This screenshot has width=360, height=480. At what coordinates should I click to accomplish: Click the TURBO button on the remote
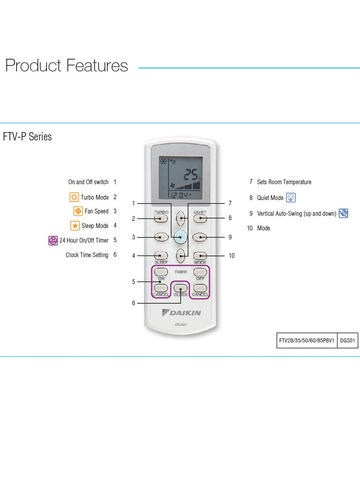coord(161,218)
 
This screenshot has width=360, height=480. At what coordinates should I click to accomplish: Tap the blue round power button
coord(181,237)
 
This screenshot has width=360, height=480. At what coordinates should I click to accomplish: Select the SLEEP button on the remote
coord(161,256)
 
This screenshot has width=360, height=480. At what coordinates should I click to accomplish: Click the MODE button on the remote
coord(200,256)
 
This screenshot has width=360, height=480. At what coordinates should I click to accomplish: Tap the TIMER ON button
coord(161,272)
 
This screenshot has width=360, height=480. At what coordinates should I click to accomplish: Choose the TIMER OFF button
coord(200,272)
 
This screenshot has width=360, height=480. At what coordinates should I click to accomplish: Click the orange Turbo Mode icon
coord(74,197)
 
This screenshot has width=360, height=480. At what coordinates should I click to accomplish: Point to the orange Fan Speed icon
coord(78,211)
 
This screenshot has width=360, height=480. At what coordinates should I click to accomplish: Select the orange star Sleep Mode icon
coord(75,226)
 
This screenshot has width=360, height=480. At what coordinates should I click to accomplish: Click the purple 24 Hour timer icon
coord(53,240)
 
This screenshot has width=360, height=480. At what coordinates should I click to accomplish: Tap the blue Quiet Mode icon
coord(291,198)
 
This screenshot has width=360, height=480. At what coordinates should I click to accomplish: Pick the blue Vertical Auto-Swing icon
coord(343,213)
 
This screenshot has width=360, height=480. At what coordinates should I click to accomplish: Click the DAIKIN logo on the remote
coord(181,313)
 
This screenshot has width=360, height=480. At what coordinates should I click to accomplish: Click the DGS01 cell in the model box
coord(348,340)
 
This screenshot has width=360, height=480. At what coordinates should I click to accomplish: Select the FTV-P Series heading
coord(28,137)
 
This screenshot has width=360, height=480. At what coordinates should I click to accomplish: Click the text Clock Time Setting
coord(87,255)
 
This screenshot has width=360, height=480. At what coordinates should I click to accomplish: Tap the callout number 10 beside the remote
coord(231,256)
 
